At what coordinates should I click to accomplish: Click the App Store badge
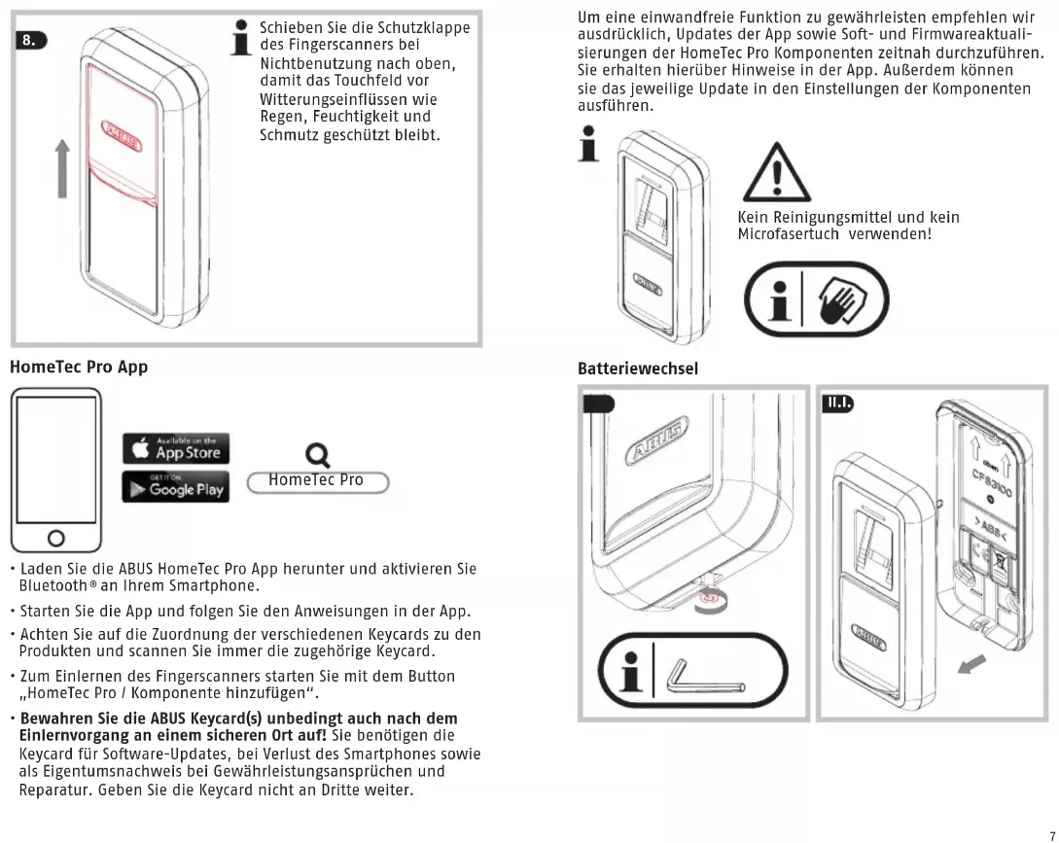(x=177, y=448)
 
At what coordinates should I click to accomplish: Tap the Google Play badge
(x=177, y=489)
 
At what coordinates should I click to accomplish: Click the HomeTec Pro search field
(x=317, y=480)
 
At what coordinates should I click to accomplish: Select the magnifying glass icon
(x=316, y=454)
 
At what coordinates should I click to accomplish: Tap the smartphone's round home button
(x=55, y=538)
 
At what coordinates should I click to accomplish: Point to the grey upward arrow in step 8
(x=61, y=166)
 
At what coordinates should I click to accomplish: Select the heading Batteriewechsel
(x=637, y=369)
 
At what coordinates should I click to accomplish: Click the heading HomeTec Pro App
(x=78, y=369)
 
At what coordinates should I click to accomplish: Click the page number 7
(x=1050, y=835)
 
